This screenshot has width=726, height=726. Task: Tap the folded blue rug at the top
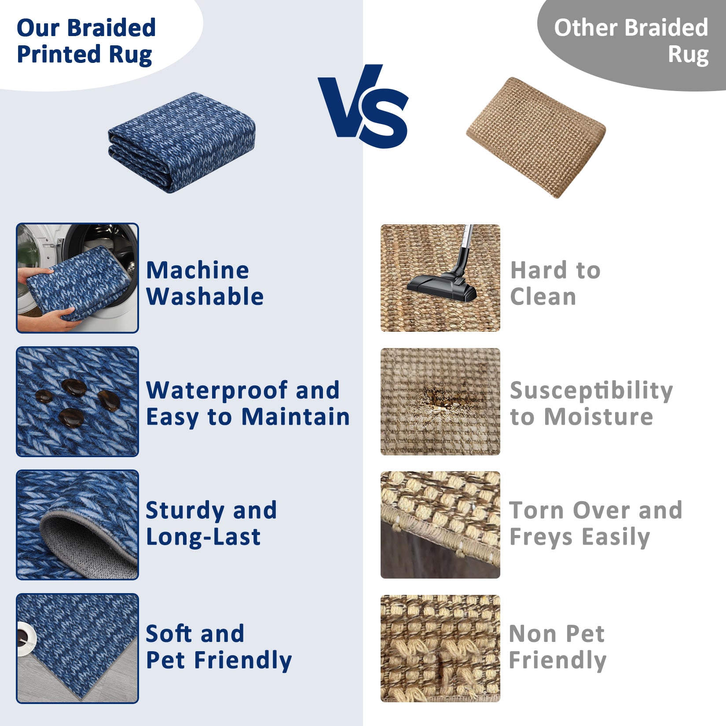182,142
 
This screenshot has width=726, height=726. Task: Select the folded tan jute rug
536,137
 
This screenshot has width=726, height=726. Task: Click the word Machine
198,270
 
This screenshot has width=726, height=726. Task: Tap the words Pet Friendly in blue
219,660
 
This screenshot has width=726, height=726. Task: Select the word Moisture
598,417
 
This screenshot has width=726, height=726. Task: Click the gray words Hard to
555,270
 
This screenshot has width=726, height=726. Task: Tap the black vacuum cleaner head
441,287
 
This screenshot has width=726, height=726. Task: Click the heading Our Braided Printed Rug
86,41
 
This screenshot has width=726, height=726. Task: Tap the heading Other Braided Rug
631,41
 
